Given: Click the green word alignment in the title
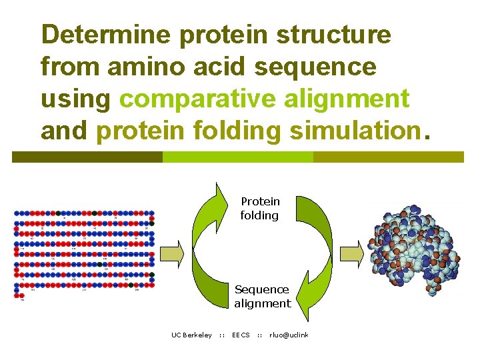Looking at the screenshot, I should pos(347,99).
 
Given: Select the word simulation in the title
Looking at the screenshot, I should pos(352,131).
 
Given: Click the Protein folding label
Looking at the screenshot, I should pos(260,208).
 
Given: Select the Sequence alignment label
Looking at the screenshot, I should pos(262,297).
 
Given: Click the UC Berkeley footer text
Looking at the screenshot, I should pos(191,335).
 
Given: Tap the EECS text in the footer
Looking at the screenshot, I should pos(241,335).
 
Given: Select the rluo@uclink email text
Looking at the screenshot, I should pos(289,335).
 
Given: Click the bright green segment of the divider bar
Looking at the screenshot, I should pos(237,157).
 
